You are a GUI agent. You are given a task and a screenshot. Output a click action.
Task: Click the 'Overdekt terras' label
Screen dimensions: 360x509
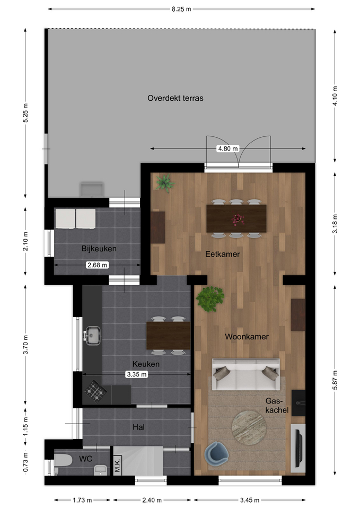point(175,98)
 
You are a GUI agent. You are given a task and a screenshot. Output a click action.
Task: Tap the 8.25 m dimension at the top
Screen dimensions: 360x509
point(181,9)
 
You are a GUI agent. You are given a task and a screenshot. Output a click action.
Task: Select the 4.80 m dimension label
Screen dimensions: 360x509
point(228,148)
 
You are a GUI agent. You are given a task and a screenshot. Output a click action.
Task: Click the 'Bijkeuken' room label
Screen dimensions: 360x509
point(99,249)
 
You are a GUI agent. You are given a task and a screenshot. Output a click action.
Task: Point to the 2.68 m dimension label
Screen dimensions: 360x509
point(98,265)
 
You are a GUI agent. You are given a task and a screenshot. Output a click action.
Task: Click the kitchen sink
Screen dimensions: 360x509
point(92,336)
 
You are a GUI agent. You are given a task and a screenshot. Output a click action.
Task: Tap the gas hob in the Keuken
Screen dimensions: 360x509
point(96,391)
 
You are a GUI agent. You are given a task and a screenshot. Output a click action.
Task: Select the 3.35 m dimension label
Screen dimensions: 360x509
point(137,374)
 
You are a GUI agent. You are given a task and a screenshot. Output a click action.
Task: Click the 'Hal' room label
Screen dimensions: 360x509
point(138,427)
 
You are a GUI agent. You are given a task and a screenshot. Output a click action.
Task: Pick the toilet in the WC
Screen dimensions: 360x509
point(63,460)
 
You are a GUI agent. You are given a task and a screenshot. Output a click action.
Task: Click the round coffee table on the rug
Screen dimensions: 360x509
point(249,427)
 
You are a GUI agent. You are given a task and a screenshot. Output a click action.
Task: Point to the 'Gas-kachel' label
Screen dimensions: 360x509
point(277,406)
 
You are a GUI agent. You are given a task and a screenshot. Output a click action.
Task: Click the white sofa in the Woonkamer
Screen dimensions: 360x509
point(245,374)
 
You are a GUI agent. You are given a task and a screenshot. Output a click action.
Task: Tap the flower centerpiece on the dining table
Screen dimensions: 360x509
point(238,219)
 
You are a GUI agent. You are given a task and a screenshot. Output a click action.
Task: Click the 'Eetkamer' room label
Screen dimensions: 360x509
point(222,254)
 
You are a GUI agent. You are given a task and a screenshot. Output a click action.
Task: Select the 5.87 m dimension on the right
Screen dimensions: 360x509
point(335,380)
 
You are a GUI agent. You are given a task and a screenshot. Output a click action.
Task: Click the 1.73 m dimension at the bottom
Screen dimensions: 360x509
point(82,500)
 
